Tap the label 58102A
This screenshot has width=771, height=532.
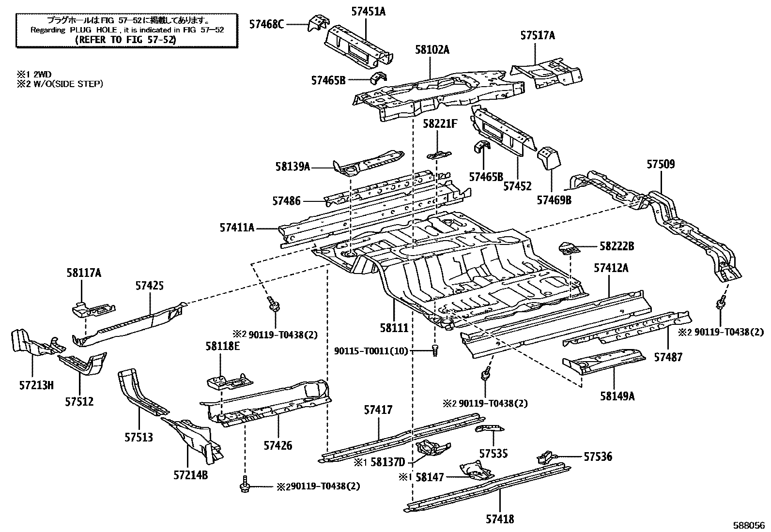[x=432, y=49]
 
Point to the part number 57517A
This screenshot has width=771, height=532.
[x=538, y=35]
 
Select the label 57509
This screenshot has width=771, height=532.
[x=661, y=164]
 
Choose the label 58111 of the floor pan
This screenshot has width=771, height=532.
[x=394, y=328]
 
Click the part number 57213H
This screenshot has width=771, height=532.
[x=36, y=385]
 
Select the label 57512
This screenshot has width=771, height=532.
[x=79, y=401]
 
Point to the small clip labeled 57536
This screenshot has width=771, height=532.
[x=545, y=456]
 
